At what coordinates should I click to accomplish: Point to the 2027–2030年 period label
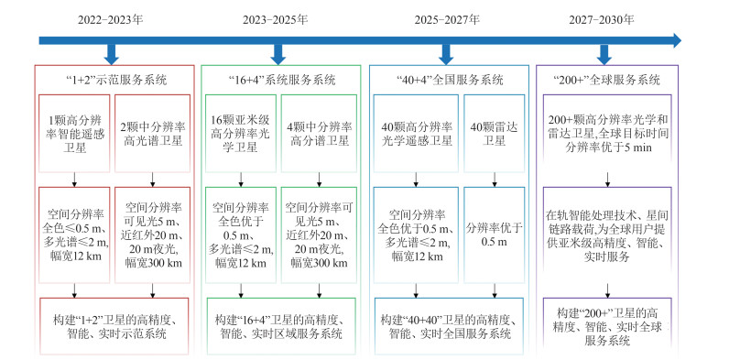[x=603, y=19]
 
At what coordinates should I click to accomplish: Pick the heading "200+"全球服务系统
[x=606, y=79]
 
